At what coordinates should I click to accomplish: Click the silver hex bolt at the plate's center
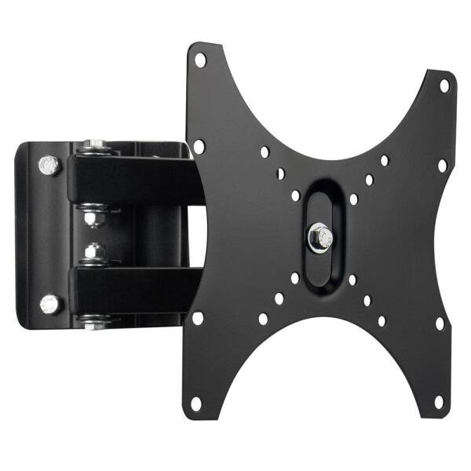(319, 237)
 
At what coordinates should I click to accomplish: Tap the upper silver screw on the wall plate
(49, 165)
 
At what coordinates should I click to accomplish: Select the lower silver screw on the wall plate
(49, 303)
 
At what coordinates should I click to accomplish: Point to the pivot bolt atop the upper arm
(96, 146)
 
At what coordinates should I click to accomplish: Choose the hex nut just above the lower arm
(95, 254)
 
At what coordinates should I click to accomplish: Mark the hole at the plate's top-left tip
(199, 60)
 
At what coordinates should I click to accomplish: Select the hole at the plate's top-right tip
(444, 85)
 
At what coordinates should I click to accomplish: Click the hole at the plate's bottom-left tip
(196, 403)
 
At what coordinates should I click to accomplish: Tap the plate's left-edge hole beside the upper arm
(199, 146)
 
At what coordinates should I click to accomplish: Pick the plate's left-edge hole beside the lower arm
(198, 317)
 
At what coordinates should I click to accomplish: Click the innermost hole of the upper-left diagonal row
(295, 195)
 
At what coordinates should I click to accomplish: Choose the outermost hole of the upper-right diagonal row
(385, 160)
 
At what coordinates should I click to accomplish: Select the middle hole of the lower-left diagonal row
(279, 298)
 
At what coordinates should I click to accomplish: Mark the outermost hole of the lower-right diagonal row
(382, 320)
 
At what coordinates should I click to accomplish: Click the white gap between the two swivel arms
(196, 234)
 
